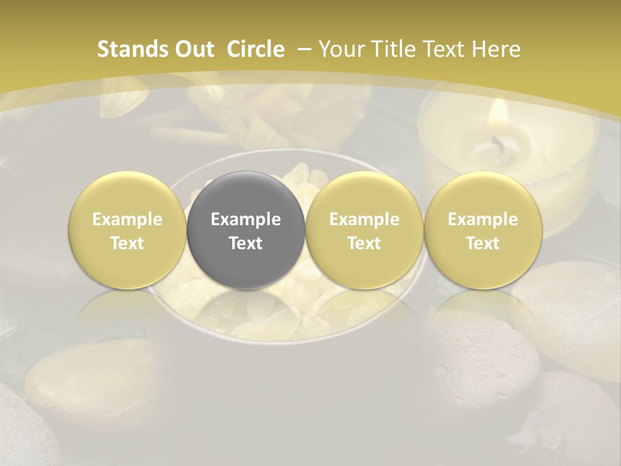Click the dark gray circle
point(246,230)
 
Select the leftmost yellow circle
point(127,230)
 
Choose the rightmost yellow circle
point(483,230)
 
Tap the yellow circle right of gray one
point(364,230)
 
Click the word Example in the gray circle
point(246,219)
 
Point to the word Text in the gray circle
point(246,243)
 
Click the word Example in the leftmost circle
point(127,219)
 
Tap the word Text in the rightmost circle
point(483,243)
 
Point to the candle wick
point(497,144)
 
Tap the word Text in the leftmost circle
point(127,243)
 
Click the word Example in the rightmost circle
point(483,219)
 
